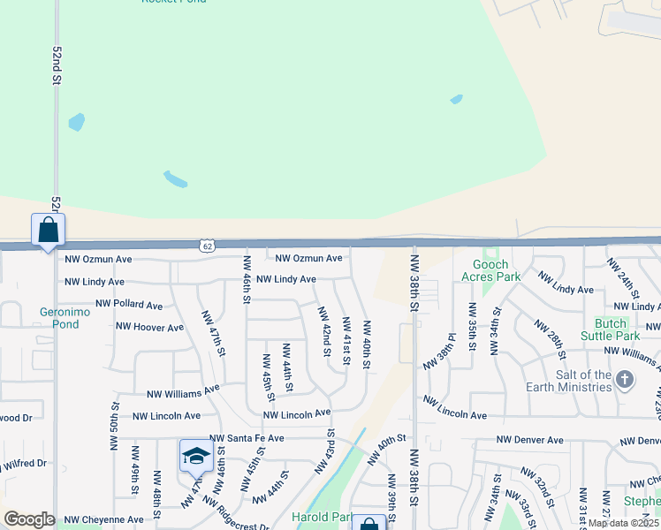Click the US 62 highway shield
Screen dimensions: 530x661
206,244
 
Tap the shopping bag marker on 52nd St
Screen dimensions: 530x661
48,231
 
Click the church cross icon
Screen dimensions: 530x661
625,381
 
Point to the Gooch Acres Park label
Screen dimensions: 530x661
490,270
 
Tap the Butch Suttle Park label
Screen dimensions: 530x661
611,329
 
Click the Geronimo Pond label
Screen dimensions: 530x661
59,318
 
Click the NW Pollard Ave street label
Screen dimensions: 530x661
129,305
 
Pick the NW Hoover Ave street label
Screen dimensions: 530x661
149,327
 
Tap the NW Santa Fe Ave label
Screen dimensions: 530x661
247,438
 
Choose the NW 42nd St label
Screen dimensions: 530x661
325,327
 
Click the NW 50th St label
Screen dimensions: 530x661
116,426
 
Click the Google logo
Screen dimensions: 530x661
28,519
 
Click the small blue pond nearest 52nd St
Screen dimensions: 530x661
77,122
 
